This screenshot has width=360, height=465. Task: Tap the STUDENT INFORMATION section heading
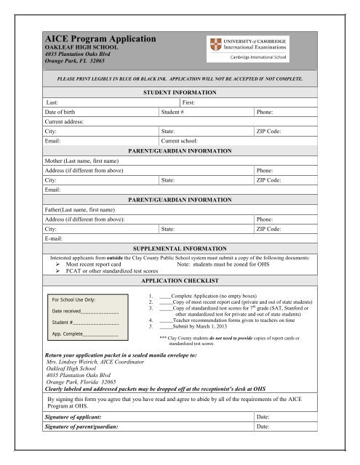(x=180, y=94)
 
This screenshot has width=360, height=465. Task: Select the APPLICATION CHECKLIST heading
(x=180, y=278)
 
